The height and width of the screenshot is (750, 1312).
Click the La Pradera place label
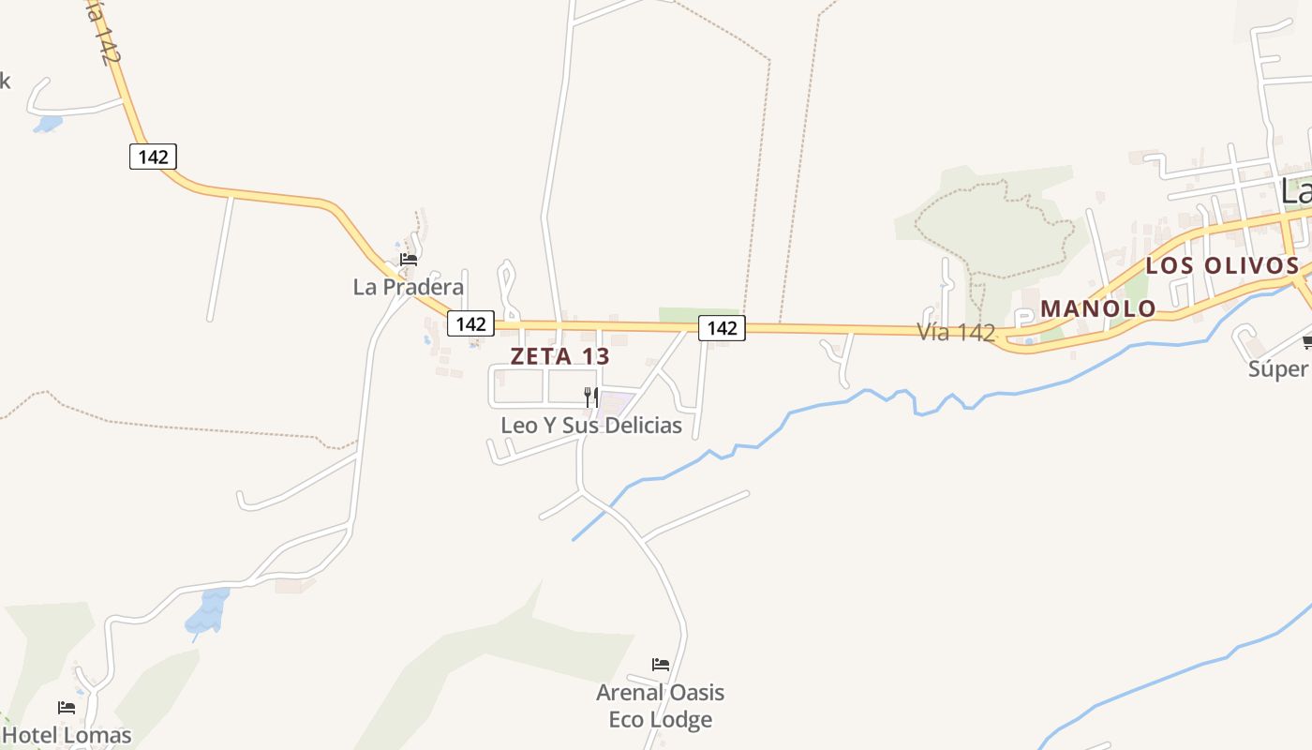(408, 287)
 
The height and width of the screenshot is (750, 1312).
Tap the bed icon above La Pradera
(408, 260)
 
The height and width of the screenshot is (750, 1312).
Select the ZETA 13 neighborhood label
(559, 356)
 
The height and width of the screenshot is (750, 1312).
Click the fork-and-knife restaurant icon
(590, 397)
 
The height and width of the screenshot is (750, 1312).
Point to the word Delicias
(644, 425)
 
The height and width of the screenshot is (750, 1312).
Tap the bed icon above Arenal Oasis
(661, 665)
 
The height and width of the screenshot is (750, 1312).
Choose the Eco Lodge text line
(661, 720)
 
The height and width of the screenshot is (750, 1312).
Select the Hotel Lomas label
(67, 735)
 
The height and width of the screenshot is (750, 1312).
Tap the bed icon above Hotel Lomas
(66, 707)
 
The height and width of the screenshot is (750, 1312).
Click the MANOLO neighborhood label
(1098, 308)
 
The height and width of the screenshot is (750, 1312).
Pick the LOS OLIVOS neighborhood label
(1222, 265)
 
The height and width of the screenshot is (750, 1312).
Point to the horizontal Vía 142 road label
(955, 332)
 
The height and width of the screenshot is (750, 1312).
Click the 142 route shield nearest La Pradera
(470, 323)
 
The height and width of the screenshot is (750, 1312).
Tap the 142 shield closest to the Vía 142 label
(722, 327)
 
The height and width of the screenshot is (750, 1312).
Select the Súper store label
(1278, 368)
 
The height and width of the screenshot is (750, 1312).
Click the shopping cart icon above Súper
(1307, 341)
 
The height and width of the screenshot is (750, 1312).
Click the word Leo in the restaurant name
(518, 425)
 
